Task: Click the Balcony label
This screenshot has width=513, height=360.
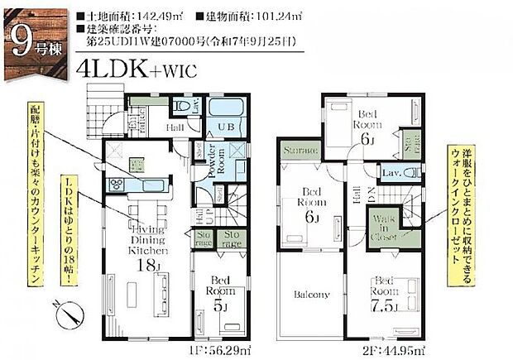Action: (311, 295)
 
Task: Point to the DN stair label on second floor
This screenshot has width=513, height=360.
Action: (371, 197)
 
